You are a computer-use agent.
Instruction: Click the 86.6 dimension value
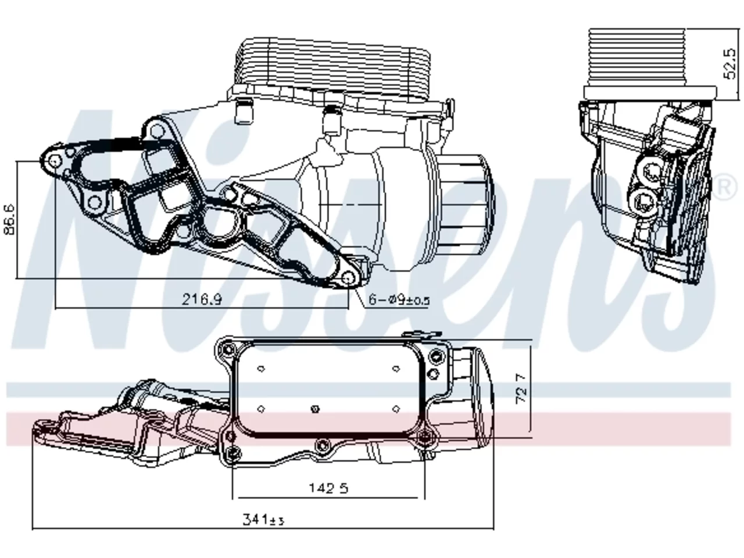tap(10, 219)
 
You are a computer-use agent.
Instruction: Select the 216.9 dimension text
tap(202, 299)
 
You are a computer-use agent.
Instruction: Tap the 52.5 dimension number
tap(729, 64)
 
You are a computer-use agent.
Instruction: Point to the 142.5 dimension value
tap(328, 488)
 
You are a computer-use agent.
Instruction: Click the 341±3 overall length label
tap(263, 520)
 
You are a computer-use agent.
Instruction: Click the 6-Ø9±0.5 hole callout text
tap(399, 300)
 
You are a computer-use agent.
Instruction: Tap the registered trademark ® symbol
tap(724, 187)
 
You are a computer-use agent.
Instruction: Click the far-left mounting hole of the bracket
tap(55, 162)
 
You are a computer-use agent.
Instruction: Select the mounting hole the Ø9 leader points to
tap(348, 278)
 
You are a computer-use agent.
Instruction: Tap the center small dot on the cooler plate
tap(315, 409)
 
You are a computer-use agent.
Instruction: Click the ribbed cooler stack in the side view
tap(636, 57)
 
